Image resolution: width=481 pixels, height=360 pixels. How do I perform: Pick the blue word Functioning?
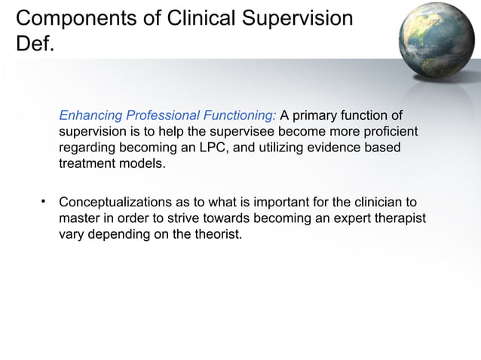(x=238, y=116)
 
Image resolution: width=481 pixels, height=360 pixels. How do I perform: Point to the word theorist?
(x=219, y=234)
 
